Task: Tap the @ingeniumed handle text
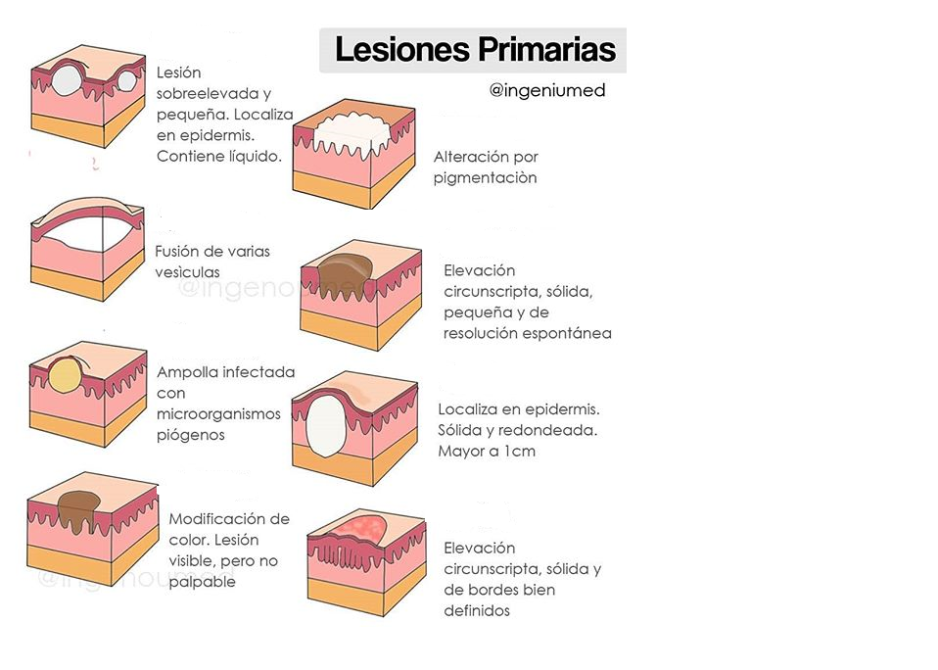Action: click(x=547, y=90)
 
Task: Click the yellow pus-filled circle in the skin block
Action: click(x=68, y=374)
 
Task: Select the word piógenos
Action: click(x=191, y=434)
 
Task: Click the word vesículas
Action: click(x=187, y=271)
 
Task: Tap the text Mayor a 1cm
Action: click(x=487, y=452)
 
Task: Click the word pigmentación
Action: click(x=486, y=178)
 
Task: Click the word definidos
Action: click(x=477, y=611)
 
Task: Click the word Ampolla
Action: click(x=187, y=372)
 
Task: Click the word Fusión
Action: click(x=178, y=251)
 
